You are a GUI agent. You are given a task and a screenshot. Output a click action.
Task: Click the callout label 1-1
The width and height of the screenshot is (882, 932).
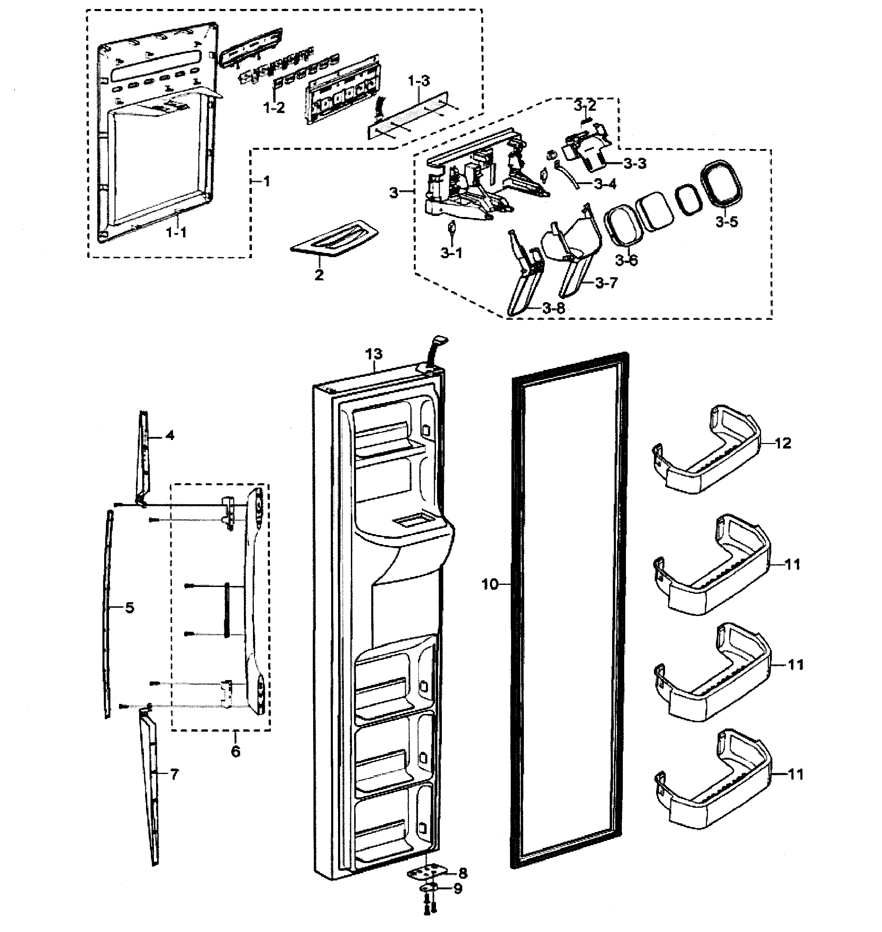click(x=177, y=233)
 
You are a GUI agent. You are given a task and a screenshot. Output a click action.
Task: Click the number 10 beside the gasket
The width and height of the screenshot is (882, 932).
click(x=489, y=585)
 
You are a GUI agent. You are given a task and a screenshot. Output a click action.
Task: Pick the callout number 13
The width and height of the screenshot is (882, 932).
click(x=374, y=354)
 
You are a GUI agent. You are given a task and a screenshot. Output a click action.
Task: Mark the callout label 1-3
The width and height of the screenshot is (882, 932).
click(x=418, y=81)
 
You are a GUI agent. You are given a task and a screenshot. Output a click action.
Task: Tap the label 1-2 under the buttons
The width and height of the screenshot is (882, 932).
click(x=274, y=108)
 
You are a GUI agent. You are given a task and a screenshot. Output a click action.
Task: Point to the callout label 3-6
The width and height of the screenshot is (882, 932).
click(x=626, y=260)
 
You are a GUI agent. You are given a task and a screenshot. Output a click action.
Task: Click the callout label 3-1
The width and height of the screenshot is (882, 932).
click(x=451, y=253)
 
